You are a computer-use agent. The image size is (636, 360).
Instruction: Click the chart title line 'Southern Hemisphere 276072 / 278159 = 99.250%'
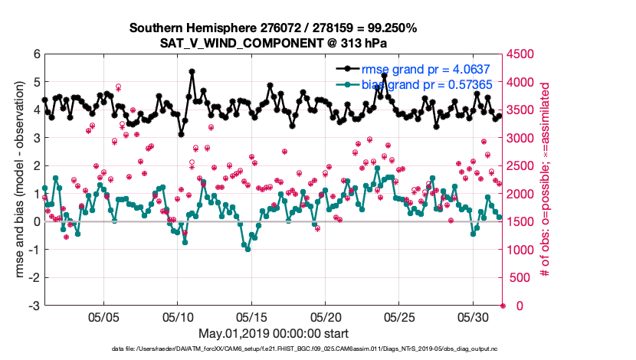[273, 28]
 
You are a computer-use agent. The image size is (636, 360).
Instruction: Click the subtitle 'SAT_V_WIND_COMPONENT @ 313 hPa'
[273, 43]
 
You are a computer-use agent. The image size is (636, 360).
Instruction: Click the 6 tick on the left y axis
[36, 55]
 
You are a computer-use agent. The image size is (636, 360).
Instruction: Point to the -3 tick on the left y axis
[34, 306]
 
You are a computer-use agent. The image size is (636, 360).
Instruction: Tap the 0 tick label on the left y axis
[36, 222]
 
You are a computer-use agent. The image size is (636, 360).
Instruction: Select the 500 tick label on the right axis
[520, 278]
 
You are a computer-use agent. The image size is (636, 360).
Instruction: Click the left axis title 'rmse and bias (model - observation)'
[16, 180]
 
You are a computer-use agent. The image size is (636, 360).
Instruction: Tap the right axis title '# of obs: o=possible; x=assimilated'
[546, 180]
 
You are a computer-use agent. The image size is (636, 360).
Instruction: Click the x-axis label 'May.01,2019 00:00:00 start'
[273, 334]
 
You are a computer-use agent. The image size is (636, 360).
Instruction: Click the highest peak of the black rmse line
[192, 71]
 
